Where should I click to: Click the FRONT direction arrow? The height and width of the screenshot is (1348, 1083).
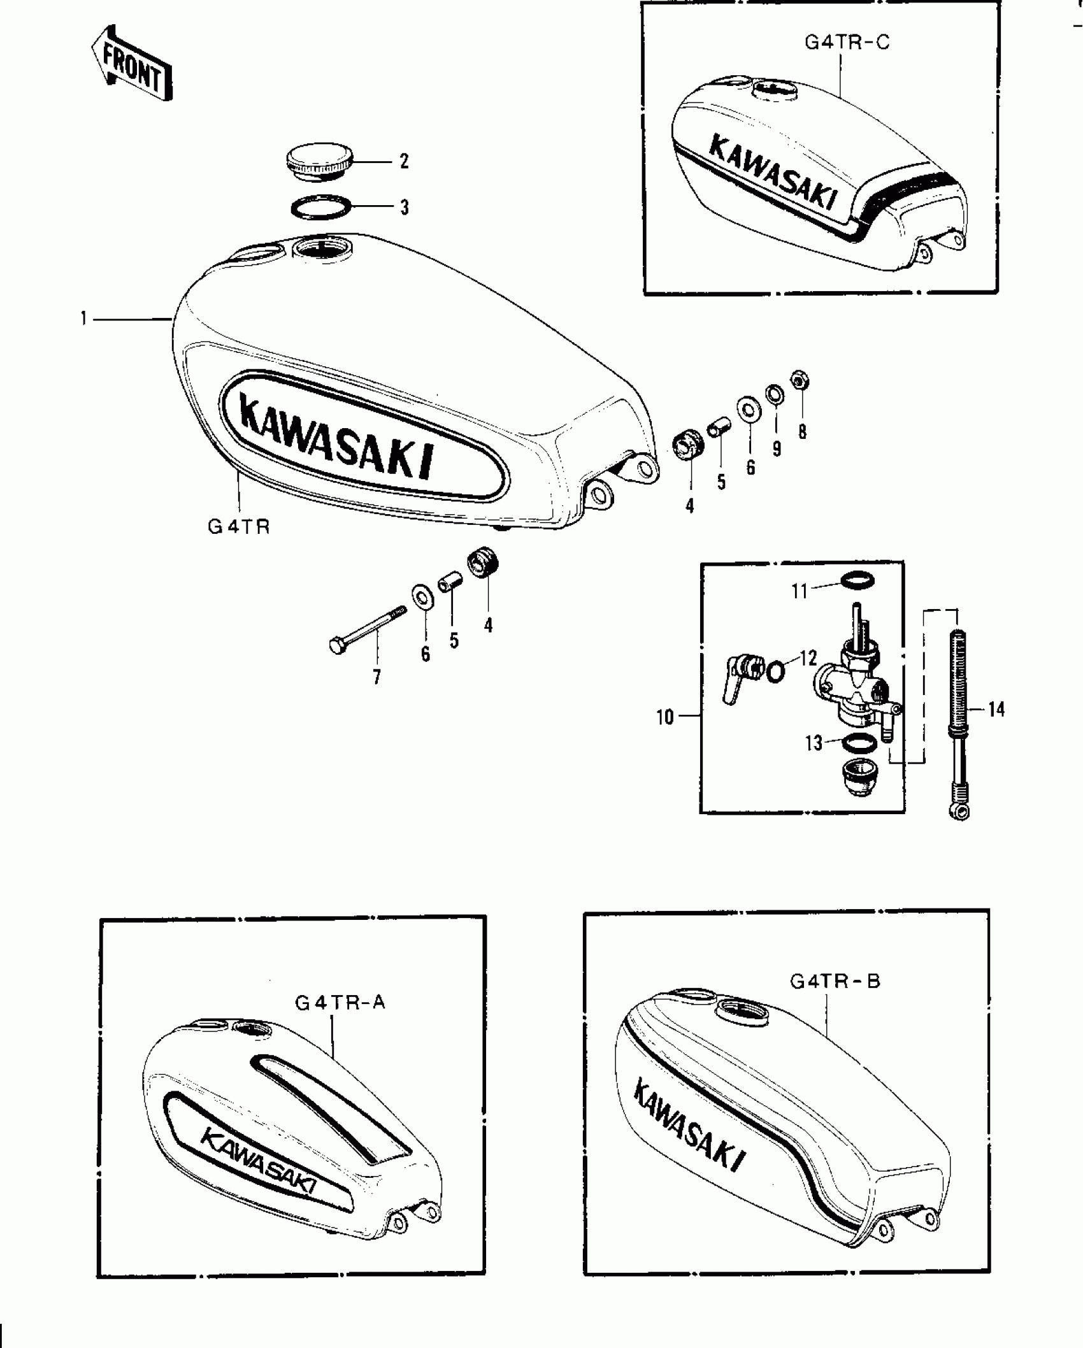click(132, 64)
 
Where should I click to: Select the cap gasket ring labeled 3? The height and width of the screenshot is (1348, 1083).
click(322, 208)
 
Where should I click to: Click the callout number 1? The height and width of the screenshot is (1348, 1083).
click(83, 318)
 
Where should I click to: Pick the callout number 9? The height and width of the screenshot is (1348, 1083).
click(777, 449)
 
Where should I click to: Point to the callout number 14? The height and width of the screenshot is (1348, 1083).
click(997, 709)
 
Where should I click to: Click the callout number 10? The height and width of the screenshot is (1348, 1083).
click(664, 718)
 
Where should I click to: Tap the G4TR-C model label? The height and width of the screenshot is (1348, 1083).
click(847, 43)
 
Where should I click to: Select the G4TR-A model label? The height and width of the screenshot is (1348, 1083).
click(340, 1002)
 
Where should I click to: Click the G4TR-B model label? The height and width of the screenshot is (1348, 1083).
click(835, 981)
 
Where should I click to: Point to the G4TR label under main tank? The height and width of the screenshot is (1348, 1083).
click(239, 527)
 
